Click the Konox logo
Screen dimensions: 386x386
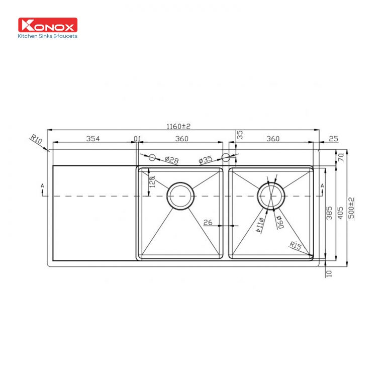[48, 25]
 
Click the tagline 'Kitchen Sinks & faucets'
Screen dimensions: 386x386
[48, 36]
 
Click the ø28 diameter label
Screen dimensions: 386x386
[172, 160]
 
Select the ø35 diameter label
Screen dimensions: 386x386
[206, 160]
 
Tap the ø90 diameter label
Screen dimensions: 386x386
[279, 222]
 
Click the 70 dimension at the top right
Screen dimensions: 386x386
[340, 157]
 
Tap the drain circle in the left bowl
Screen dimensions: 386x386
[180, 195]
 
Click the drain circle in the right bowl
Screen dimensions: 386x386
[271, 195]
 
